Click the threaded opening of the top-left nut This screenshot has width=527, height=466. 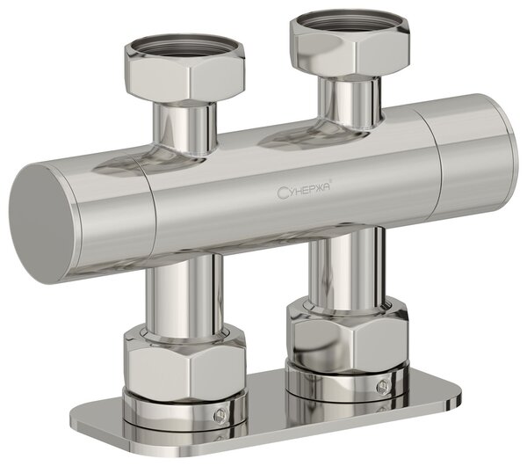pyautogui.click(x=184, y=47)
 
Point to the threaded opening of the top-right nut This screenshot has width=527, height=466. pyautogui.click(x=349, y=22)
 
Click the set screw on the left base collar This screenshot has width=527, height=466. pyautogui.click(x=220, y=416)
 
